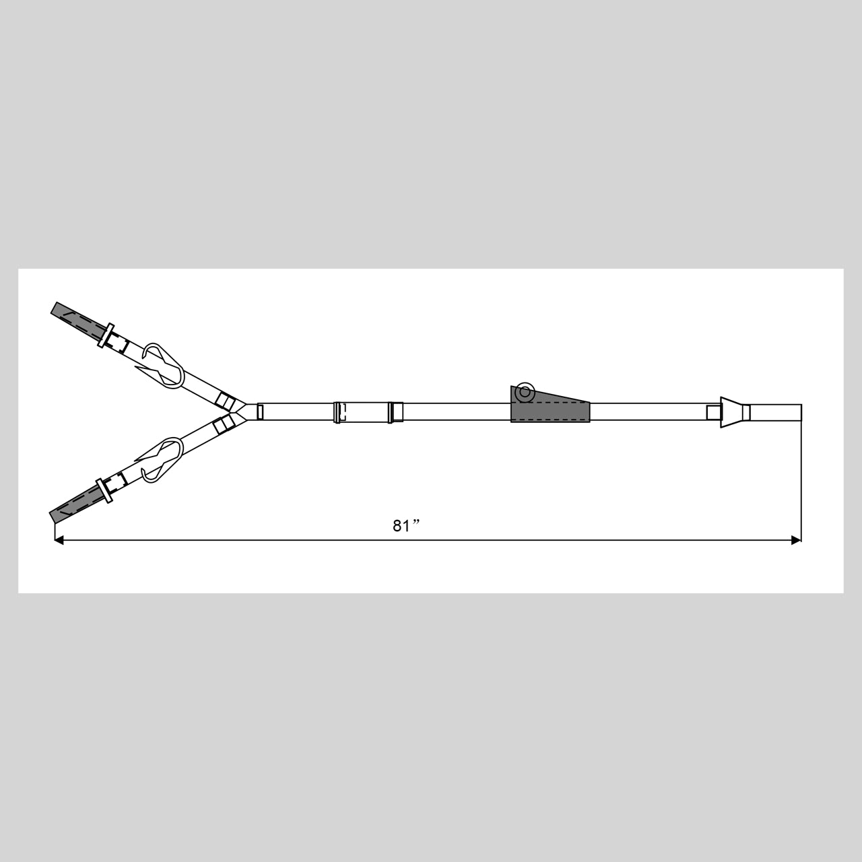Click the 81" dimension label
pyautogui.click(x=406, y=525)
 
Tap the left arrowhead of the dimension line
pyautogui.click(x=59, y=540)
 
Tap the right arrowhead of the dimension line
pyautogui.click(x=796, y=540)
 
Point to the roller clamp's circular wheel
pyautogui.click(x=525, y=393)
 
